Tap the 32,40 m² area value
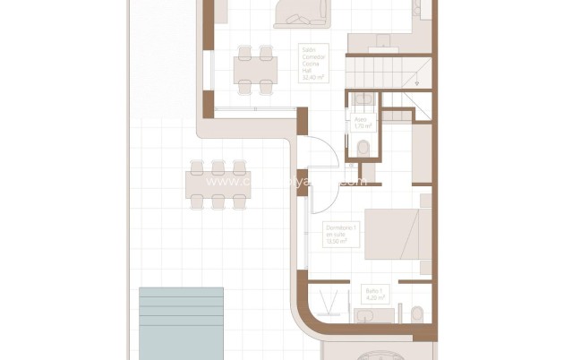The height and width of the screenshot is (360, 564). click(x=314, y=78)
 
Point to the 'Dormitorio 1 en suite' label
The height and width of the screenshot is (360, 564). click(x=338, y=235)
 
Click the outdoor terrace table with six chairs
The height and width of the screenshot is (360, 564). click(x=218, y=184)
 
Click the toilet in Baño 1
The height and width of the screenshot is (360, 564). click(x=418, y=313)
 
